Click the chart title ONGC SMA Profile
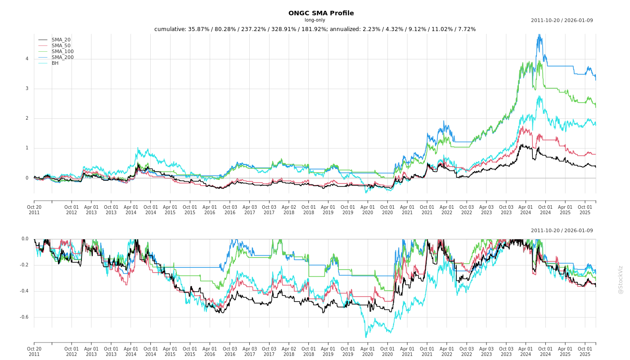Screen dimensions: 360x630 click(321, 13)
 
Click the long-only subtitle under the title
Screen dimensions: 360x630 click(315, 20)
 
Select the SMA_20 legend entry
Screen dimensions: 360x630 click(61, 40)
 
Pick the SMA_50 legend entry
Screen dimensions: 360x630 click(61, 46)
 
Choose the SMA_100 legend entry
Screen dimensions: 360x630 click(63, 52)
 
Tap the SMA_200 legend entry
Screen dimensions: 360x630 click(63, 58)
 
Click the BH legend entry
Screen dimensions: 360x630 click(55, 63)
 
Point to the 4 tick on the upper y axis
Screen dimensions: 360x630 click(27, 59)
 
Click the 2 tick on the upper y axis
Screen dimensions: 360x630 click(27, 118)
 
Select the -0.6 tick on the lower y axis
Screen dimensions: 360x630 click(24, 317)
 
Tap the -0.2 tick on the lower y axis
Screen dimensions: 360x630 click(24, 265)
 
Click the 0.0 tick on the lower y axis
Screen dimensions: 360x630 click(25, 239)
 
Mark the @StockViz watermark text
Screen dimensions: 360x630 click(621, 279)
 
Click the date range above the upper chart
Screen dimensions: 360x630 click(562, 21)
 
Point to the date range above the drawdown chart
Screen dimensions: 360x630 click(562, 231)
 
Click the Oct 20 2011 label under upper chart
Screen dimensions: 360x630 click(34, 210)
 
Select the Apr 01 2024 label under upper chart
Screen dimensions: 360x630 click(526, 210)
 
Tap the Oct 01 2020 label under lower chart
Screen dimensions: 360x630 click(387, 351)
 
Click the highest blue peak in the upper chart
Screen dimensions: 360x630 click(539, 35)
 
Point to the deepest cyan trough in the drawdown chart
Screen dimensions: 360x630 click(365, 337)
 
